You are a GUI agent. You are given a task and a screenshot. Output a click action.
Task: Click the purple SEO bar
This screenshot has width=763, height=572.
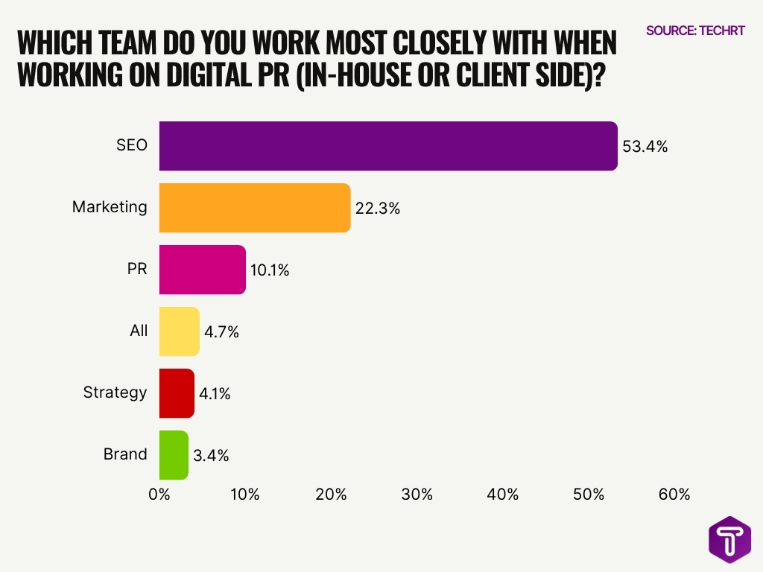[x=388, y=146]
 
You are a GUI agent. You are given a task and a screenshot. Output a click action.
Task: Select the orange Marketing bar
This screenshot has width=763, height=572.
[x=255, y=208]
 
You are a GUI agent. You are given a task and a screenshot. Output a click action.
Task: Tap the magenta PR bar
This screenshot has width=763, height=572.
[x=203, y=270]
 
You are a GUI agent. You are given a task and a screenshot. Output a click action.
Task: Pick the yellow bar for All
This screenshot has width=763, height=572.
[x=180, y=331]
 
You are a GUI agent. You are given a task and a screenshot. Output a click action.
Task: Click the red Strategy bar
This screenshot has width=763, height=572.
[x=177, y=393]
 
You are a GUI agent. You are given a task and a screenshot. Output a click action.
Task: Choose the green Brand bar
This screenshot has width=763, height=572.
[x=174, y=455]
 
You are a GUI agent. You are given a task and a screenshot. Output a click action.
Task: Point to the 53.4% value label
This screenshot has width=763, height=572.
[x=645, y=147]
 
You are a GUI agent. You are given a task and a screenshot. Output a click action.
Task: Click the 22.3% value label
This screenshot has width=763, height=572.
[x=378, y=209]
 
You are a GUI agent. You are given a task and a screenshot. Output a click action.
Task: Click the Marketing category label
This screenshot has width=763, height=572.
[x=110, y=207]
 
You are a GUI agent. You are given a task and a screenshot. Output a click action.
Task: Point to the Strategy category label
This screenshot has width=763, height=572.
[x=115, y=393]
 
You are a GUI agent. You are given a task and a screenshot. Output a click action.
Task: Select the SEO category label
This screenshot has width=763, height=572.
[x=131, y=145]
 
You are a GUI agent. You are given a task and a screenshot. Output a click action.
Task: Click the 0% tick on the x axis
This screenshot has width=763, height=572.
[x=159, y=495]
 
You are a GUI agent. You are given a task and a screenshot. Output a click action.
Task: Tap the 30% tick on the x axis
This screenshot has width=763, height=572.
[x=417, y=495]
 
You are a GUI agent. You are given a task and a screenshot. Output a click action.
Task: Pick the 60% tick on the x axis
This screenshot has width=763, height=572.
[x=674, y=495]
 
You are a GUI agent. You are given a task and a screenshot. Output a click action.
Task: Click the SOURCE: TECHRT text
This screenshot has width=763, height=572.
[x=694, y=31]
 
